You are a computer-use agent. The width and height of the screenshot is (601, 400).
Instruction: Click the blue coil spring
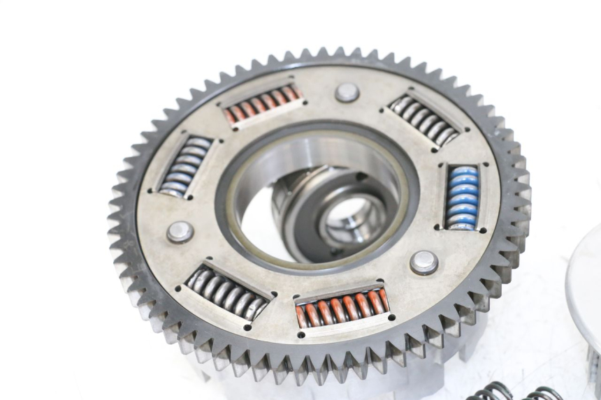tap(462, 198)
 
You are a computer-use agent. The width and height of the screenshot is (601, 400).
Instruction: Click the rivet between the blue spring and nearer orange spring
tap(424, 262)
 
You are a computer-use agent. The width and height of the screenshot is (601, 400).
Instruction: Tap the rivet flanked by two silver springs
tap(180, 232)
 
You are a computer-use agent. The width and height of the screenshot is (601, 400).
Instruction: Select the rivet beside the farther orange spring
tap(347, 92)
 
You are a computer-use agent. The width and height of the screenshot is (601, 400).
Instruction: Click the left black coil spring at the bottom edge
tap(492, 392)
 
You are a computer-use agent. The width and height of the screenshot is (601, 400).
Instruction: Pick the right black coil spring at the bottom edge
tap(542, 393)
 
